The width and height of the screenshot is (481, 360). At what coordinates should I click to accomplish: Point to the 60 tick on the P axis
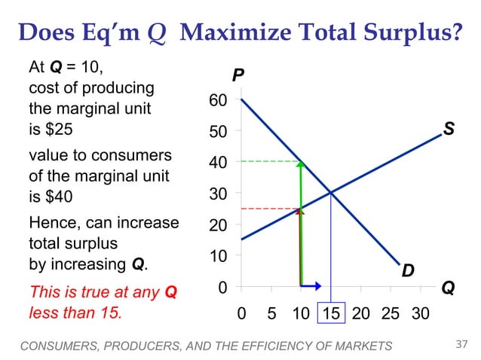tap(216, 101)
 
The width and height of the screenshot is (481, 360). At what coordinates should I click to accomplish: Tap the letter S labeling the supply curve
tap(449, 130)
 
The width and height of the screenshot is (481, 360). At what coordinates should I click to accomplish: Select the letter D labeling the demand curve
tap(407, 269)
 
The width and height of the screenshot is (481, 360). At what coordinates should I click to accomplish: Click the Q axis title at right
tap(448, 288)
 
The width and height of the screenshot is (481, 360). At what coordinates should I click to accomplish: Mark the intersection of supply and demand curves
tap(331, 193)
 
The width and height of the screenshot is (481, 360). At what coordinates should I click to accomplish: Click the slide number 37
tap(463, 345)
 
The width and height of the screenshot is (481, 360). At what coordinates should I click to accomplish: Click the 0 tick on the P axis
tap(222, 288)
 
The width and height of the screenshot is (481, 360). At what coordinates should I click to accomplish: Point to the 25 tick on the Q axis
tap(391, 312)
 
